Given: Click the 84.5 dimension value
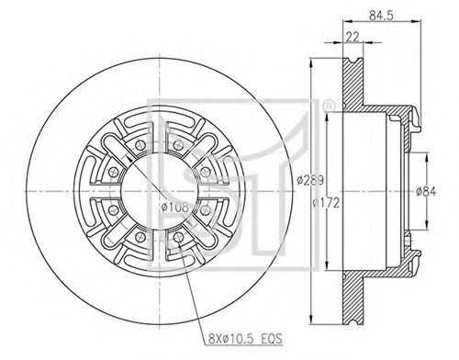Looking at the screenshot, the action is (381, 15).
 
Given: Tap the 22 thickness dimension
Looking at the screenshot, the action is (353, 37).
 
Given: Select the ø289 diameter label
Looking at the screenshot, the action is (310, 180).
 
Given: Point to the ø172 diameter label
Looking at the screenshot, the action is (326, 203).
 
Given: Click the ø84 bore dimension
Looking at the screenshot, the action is (426, 192).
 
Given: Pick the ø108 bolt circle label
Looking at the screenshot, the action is (174, 208).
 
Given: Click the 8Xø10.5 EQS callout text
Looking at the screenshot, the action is (245, 339).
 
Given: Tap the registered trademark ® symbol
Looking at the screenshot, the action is (329, 107).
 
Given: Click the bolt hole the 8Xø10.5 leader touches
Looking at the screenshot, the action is (178, 237).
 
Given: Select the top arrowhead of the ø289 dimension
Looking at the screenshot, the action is (311, 63).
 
